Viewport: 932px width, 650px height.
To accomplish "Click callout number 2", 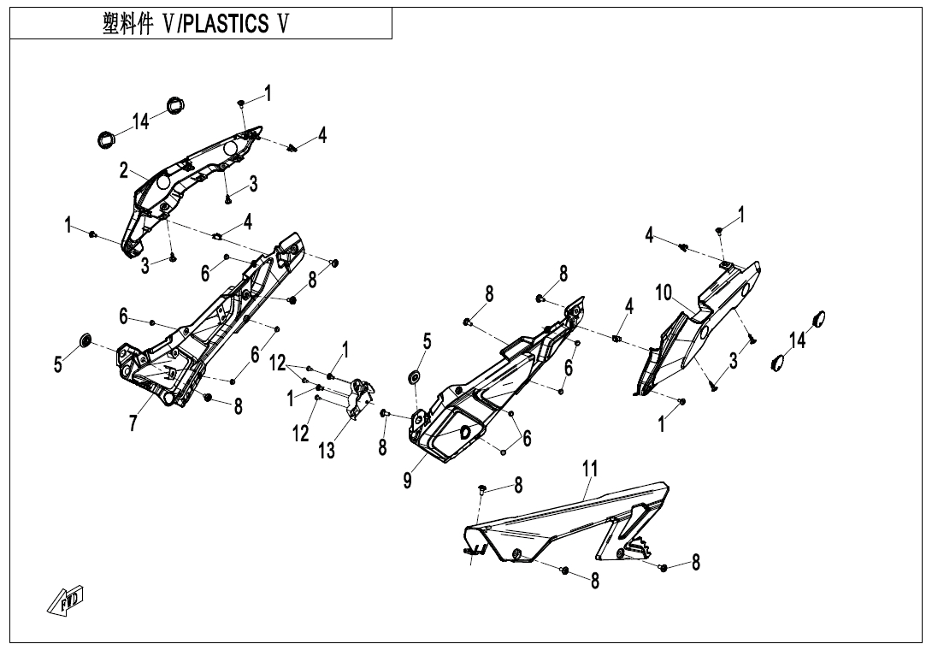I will pos(125,171).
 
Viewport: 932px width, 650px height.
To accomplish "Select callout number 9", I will pos(408,481).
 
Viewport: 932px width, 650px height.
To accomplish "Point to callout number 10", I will pos(664,293).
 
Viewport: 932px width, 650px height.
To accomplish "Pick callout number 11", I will pos(589,468).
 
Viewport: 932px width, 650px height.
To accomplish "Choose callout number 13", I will pos(327,451).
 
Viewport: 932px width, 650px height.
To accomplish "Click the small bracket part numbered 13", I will pos(360,399).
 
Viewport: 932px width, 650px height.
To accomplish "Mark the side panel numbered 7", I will pos(205,334).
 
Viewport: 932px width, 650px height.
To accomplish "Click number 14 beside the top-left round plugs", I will pos(141,121).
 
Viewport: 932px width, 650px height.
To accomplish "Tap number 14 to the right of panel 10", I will pos(797,340).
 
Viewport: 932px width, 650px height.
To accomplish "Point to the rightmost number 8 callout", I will pos(696,562).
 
